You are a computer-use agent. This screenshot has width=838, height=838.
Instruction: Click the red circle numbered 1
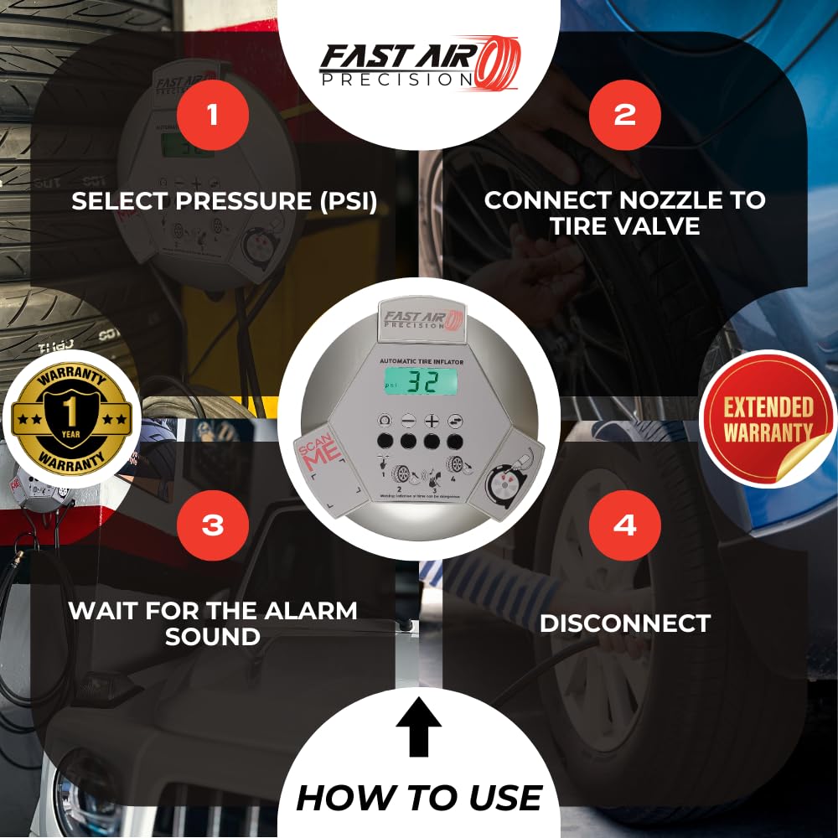pos(213,114)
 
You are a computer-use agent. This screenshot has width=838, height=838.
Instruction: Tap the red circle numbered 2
pos(624,114)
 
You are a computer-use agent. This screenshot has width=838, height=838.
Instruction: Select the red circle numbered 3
pos(213,525)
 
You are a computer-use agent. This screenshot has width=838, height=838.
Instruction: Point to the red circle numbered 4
pos(624,525)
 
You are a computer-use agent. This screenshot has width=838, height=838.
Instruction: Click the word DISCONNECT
pos(625,623)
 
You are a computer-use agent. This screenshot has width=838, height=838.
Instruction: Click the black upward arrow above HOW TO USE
pos(418,727)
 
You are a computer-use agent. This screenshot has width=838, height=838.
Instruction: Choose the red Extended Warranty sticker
pos(768,419)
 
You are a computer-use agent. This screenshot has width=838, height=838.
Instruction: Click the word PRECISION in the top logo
pos(410,80)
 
